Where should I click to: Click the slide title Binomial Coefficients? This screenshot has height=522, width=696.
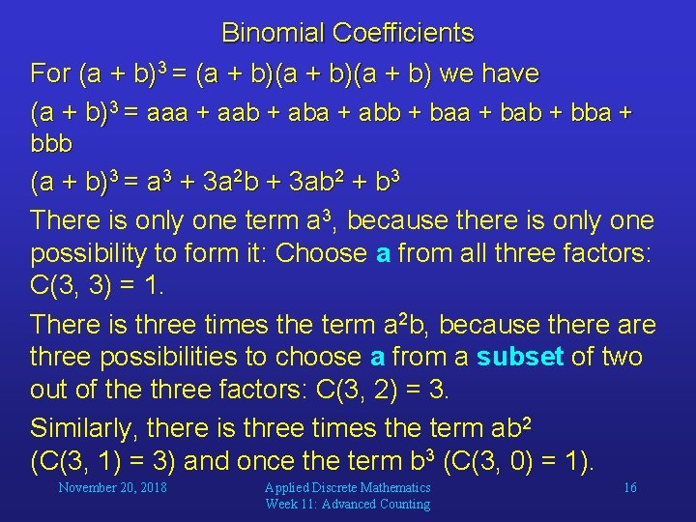point(348,33)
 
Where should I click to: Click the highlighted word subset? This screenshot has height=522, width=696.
point(520,357)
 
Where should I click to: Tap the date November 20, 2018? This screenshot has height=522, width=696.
point(112,488)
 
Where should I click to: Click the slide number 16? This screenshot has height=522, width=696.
point(629,488)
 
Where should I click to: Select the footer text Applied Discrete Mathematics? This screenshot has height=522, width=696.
point(347,488)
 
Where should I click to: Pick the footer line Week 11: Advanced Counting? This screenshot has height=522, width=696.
point(347,504)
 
